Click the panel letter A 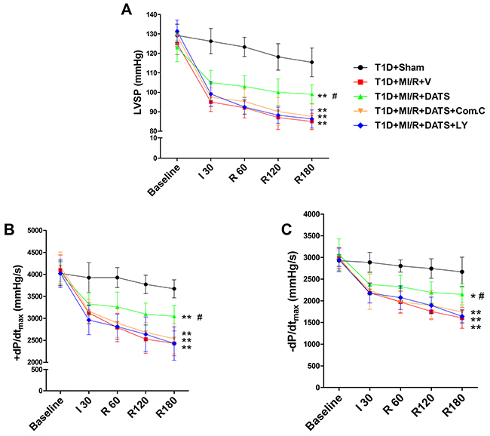127,9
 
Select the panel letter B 9,229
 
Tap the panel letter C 286,229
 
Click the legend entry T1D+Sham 400,68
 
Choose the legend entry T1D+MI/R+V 403,82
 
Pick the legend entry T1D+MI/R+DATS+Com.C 430,111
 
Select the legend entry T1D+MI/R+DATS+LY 421,125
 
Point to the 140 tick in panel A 153,14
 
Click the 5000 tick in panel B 35,231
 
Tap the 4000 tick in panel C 312,214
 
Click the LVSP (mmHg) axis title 138,82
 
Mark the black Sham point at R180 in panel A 311,63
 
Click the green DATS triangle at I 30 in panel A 211,82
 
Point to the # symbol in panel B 200,317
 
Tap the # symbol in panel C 481,296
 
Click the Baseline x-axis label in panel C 323,412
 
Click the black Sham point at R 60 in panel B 117,278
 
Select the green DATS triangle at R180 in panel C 462,294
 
